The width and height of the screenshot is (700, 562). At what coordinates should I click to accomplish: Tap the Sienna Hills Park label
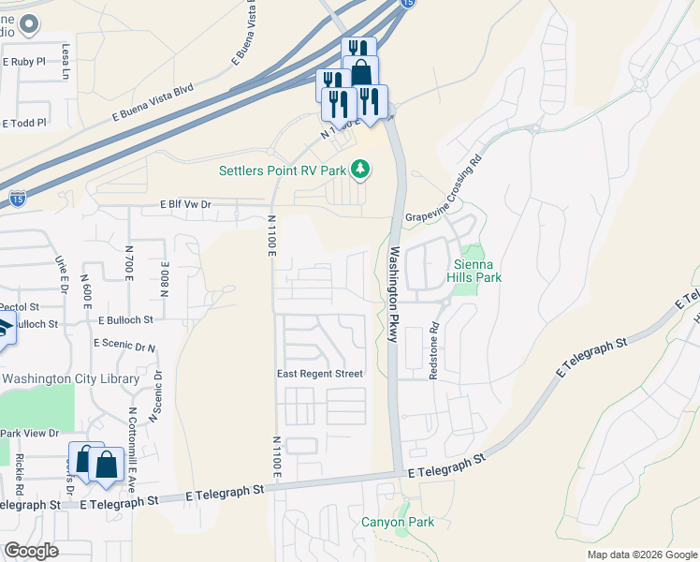tap(478, 271)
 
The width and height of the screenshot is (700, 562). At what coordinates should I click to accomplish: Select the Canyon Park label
tap(398, 522)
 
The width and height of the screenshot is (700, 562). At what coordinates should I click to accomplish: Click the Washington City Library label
tap(71, 379)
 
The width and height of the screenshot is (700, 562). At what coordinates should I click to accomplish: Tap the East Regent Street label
tap(319, 374)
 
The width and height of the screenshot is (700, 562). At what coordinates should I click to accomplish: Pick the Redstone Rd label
tap(433, 351)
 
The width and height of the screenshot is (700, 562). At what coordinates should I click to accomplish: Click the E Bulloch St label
tap(124, 320)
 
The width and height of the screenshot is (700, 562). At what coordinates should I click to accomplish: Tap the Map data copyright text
tap(641, 555)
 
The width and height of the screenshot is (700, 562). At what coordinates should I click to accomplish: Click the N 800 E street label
tap(164, 279)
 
